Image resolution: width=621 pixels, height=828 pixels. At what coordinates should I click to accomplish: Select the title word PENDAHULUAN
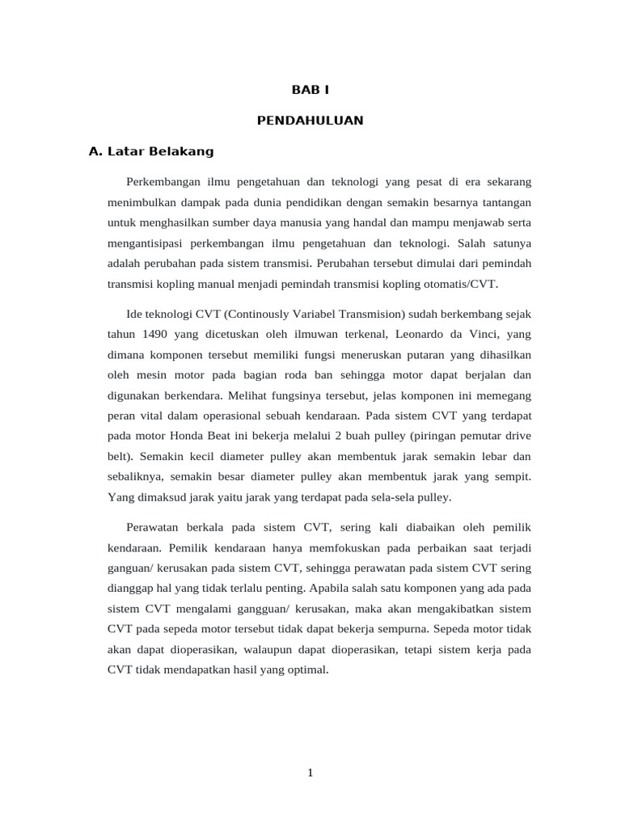coord(310,120)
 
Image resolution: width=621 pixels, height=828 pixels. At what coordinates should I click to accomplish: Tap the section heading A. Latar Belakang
coord(150,151)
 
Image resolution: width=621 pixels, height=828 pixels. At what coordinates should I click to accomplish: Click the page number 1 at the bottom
coord(310,773)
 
